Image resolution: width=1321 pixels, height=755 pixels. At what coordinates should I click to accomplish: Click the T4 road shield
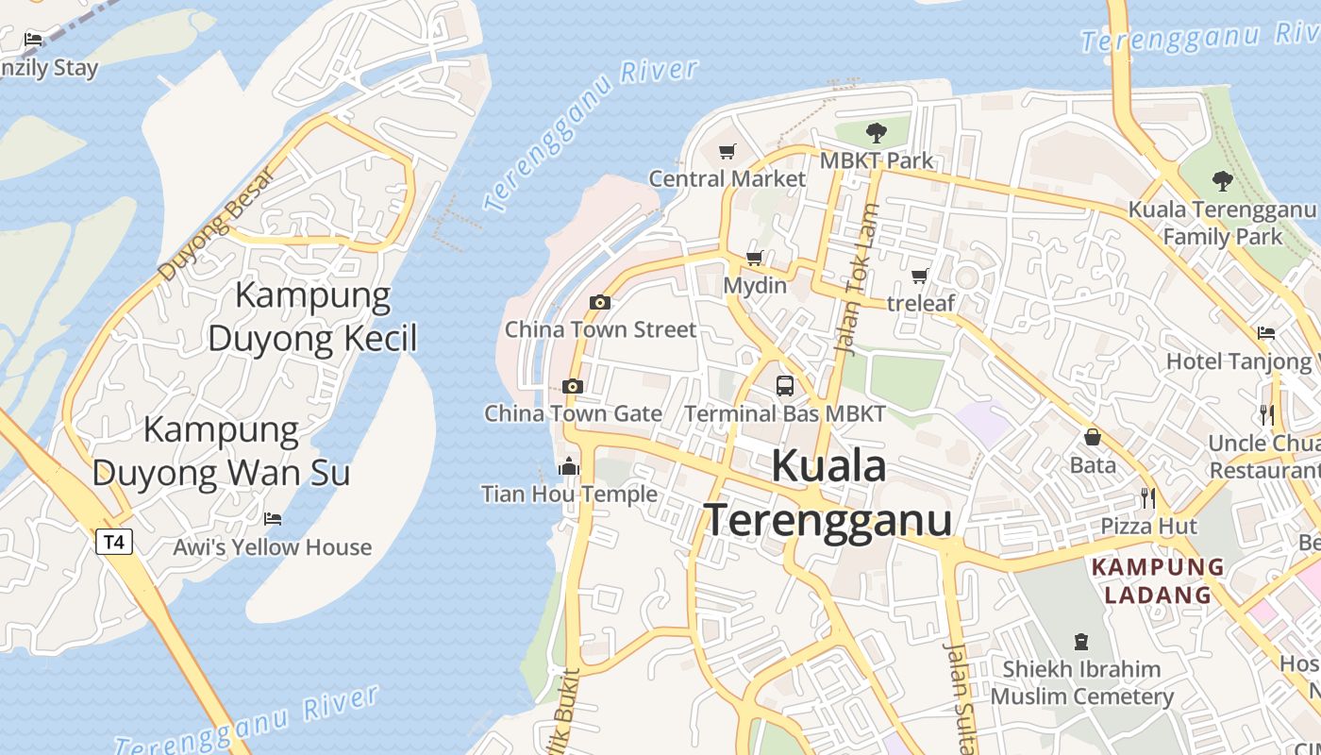coord(113,542)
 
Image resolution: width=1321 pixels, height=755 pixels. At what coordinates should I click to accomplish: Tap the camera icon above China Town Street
coord(599,303)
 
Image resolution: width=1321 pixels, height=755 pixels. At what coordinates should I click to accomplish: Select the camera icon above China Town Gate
coord(572,386)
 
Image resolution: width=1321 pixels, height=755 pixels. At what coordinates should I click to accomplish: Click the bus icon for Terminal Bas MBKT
coord(785,385)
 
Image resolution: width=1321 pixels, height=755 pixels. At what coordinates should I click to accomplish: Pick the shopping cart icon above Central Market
coord(727,151)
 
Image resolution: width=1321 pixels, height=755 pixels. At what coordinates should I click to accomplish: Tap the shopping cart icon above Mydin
coord(754,258)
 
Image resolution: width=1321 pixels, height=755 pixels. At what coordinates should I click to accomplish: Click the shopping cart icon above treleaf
coord(919,277)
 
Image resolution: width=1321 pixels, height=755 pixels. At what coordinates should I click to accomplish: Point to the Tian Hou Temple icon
coord(568,467)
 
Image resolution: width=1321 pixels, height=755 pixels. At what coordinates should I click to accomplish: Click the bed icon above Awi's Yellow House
coord(273,519)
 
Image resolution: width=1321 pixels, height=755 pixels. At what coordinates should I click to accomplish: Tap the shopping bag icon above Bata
coord(1093,437)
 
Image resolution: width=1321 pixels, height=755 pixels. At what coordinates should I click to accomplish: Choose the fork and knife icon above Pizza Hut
coord(1147,497)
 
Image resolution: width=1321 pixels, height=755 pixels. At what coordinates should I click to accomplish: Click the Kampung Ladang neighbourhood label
coord(1158,581)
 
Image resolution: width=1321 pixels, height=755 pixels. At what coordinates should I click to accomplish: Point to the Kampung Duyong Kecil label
coord(312,316)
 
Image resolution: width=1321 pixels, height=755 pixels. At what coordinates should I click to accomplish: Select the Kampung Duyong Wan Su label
coord(222,451)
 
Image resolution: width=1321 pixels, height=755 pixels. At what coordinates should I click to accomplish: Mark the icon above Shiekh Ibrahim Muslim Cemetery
coord(1081,642)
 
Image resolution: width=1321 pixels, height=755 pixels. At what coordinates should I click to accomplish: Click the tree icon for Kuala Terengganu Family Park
coord(1222,180)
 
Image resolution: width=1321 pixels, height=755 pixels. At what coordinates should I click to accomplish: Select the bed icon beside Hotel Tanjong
coord(1266,333)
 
